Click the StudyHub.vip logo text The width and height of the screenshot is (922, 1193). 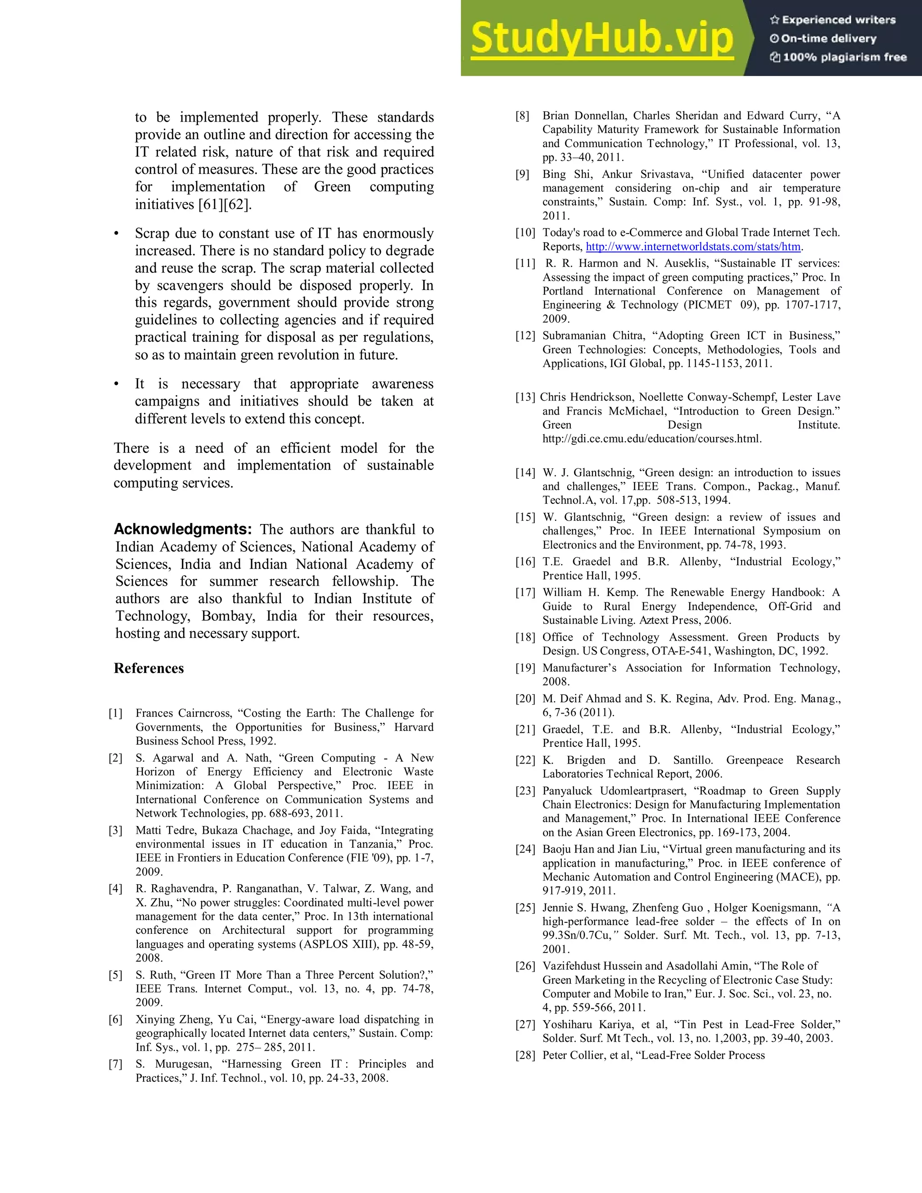click(601, 38)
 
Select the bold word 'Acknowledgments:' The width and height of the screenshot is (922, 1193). click(183, 529)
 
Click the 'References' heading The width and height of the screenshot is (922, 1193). click(149, 668)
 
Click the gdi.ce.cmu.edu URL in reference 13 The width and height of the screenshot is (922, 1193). click(651, 438)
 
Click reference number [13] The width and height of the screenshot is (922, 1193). click(525, 397)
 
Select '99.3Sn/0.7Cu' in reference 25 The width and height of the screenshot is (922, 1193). click(576, 935)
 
